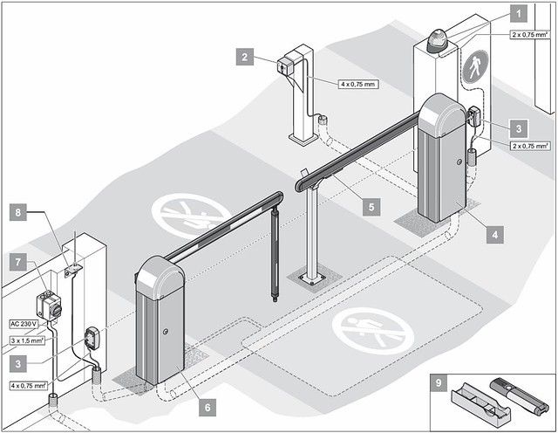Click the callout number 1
click(517, 13)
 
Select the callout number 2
click(247, 58)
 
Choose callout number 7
click(16, 261)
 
